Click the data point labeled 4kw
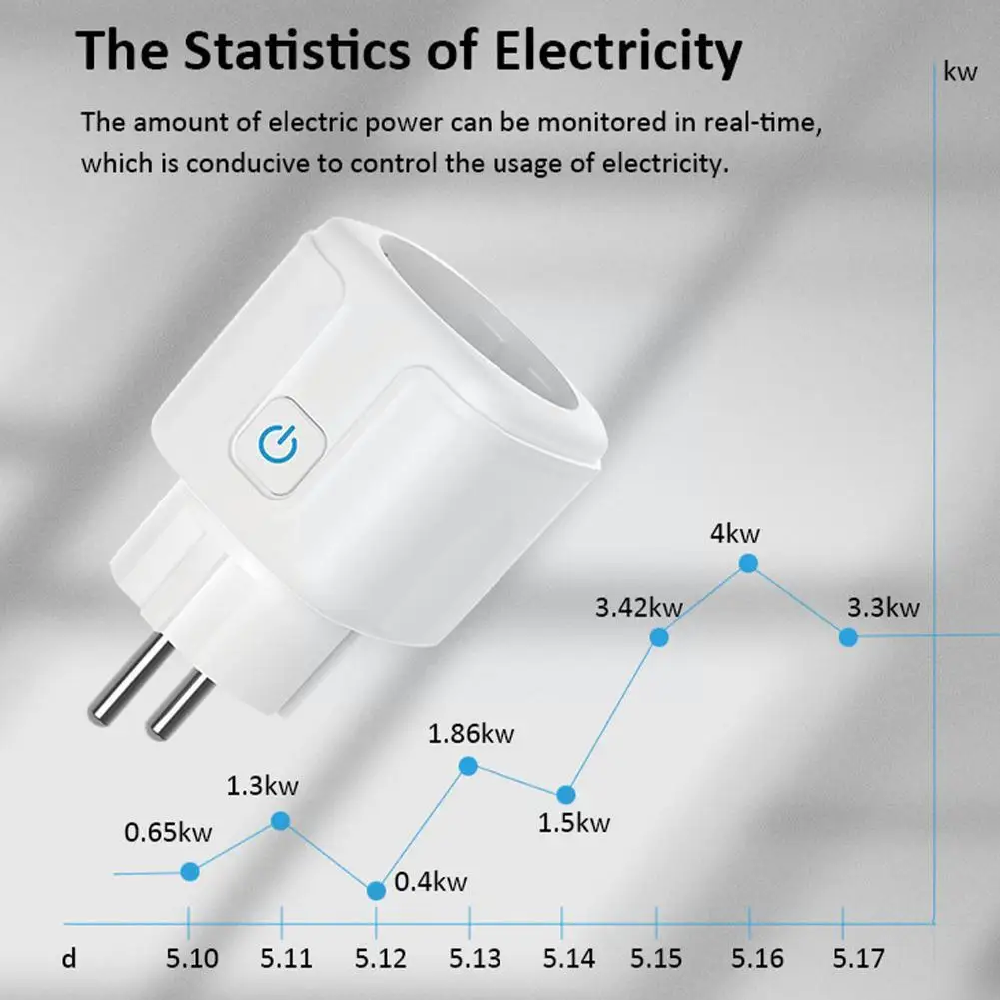pos(748,563)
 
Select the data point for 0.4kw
pos(376,890)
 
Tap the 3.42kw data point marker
pos(659,637)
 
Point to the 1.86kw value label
pos(471,735)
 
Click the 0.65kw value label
pos(169,832)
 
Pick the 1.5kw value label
pos(574,823)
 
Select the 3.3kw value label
pos(883,607)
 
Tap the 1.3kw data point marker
pos(281,820)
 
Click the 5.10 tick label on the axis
pos(192,959)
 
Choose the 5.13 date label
pos(474,959)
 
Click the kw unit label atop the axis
pos(960,71)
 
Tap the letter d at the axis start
pos(68,959)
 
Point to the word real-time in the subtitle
pos(773,123)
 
